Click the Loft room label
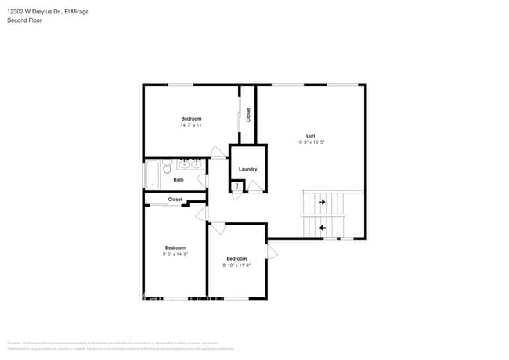tap(310, 135)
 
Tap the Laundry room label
tap(247, 169)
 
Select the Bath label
tap(179, 180)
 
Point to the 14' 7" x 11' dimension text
tap(192, 125)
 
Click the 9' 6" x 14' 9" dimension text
tap(175, 254)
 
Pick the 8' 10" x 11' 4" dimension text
tap(236, 265)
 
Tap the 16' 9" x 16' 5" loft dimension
tap(310, 142)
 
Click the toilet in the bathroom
tap(166, 167)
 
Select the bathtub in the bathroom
tap(150, 174)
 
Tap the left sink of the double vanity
tap(183, 164)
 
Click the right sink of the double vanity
tap(196, 164)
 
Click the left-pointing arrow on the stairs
tap(322, 228)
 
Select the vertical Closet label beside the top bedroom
tap(248, 115)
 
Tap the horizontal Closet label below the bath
tap(175, 200)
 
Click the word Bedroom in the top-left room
tap(192, 119)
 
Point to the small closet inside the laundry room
tap(236, 186)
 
